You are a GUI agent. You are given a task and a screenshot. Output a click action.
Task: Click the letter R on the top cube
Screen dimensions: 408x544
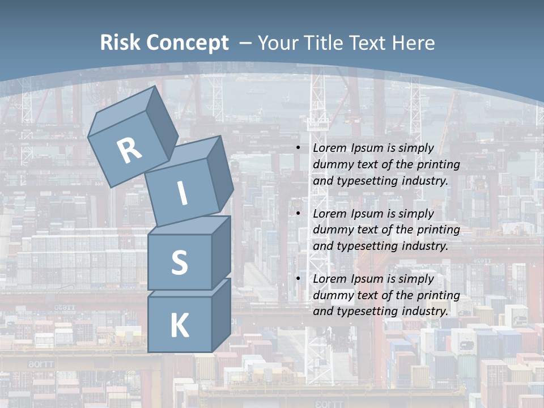(x=129, y=150)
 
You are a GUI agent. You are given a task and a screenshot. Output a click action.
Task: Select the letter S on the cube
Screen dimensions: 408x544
(x=179, y=263)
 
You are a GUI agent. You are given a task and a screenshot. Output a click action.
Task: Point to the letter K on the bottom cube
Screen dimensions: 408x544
(x=179, y=326)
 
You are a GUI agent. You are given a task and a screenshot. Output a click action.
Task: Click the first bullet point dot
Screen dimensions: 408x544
(x=299, y=148)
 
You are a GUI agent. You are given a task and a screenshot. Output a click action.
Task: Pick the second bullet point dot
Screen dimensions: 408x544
(x=299, y=214)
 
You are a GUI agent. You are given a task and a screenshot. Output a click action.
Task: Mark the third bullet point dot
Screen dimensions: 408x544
(x=299, y=279)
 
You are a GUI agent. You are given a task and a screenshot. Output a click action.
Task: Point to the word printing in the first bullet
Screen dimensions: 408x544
(x=438, y=164)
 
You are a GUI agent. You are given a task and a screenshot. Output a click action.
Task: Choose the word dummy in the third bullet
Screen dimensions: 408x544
(x=330, y=295)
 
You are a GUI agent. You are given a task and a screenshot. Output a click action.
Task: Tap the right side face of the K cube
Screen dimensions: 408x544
(x=222, y=314)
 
